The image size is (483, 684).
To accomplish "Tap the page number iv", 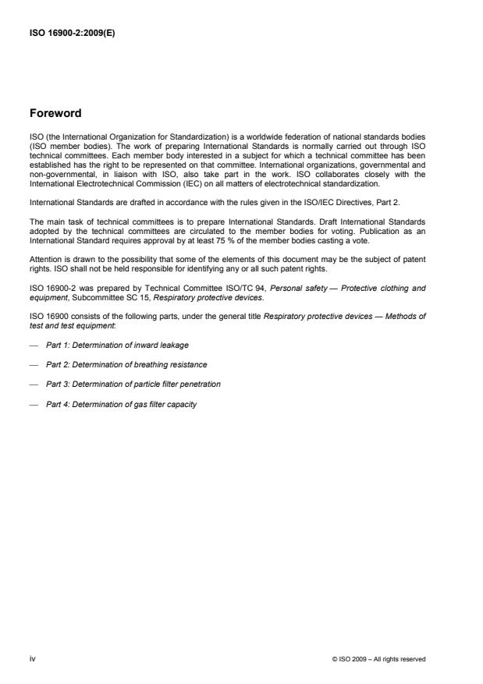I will (x=33, y=658).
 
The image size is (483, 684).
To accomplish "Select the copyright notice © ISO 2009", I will (x=378, y=659).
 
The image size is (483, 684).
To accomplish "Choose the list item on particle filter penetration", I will (x=133, y=385).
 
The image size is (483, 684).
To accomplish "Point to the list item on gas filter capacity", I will (x=121, y=405).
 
